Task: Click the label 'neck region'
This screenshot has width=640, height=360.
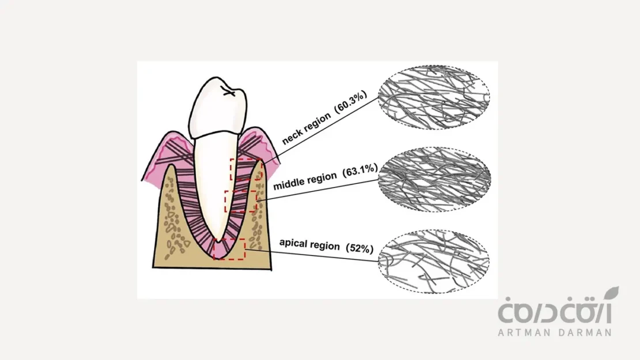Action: (307, 128)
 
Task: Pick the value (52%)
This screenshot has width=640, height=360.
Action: (360, 248)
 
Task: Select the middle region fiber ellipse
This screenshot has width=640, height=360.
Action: (434, 178)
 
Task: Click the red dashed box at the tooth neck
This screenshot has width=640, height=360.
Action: (246, 169)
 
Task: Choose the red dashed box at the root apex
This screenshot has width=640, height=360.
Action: (229, 249)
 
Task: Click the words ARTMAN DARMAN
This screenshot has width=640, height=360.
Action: (555, 332)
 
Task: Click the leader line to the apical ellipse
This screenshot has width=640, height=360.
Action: (311, 256)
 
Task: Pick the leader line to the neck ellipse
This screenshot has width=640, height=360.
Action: (323, 132)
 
